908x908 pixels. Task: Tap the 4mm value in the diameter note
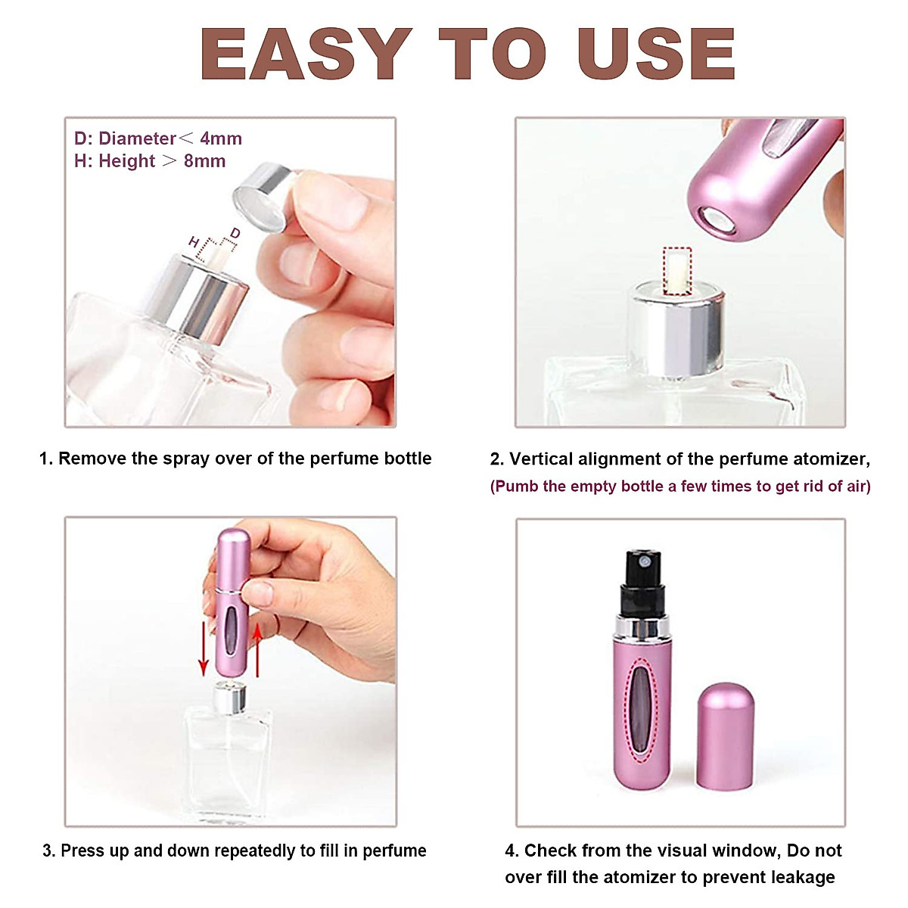pos(221,138)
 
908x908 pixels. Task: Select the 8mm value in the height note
pos(204,161)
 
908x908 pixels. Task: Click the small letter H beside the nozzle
pos(194,242)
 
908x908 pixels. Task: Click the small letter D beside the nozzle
pos(235,233)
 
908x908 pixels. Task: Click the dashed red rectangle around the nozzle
pos(677,271)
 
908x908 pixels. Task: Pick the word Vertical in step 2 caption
pos(541,459)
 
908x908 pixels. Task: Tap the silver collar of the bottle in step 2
pos(677,333)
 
